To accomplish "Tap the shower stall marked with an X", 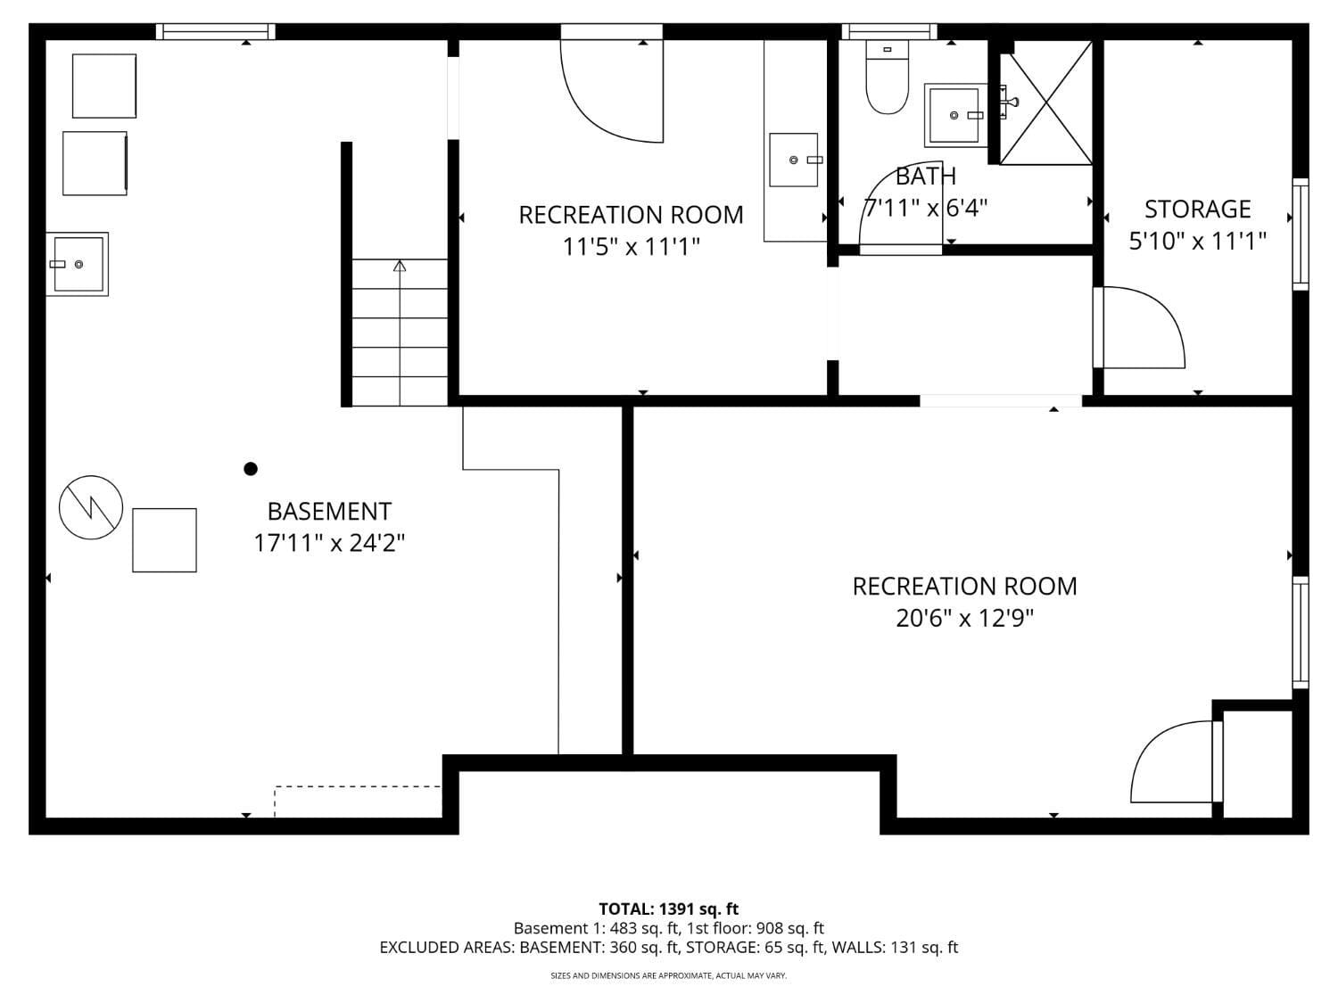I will tap(1045, 103).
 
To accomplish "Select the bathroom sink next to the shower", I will tap(954, 115).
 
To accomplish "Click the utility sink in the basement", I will tap(78, 264).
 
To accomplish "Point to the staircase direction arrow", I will tap(400, 266).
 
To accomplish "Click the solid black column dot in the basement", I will tap(251, 469).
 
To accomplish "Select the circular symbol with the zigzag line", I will tap(91, 507).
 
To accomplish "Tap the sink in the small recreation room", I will tap(794, 160).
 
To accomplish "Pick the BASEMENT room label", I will tap(329, 511).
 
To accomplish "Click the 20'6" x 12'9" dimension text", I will tap(964, 618).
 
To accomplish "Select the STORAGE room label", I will tap(1197, 210).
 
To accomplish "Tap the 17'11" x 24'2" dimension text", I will tap(329, 543).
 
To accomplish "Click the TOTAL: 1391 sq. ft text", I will tap(668, 909).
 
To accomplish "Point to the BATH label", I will tap(925, 177).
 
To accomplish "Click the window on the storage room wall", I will tap(1301, 234).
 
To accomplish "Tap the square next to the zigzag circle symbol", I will tap(164, 540).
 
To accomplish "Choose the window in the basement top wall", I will tap(215, 32).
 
